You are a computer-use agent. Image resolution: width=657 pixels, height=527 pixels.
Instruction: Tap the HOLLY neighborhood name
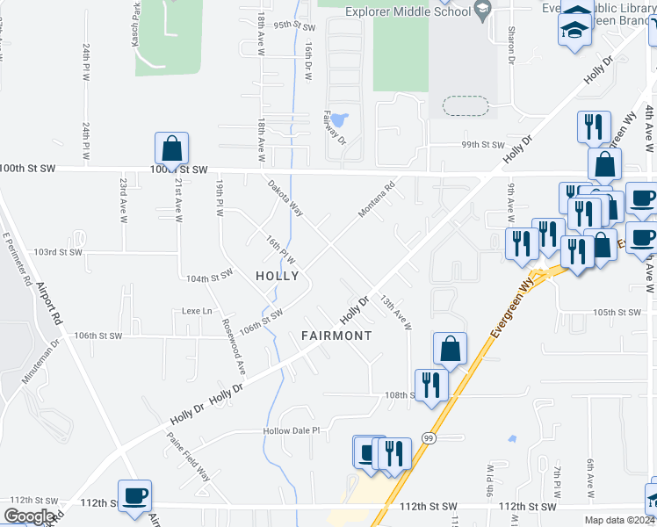tap(277, 276)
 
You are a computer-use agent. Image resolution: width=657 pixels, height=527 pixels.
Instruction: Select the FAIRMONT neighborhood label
tap(336, 336)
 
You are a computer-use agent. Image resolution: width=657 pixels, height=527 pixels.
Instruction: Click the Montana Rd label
tap(378, 199)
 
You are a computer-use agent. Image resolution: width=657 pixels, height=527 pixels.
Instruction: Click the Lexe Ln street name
tap(197, 311)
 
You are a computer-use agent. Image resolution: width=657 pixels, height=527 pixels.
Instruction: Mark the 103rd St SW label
tap(57, 252)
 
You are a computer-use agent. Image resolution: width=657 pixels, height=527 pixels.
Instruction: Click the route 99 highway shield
tap(428, 437)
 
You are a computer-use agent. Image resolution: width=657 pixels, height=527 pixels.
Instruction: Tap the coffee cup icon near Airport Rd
tap(134, 496)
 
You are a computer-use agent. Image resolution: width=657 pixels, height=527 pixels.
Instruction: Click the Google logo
tap(29, 516)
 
